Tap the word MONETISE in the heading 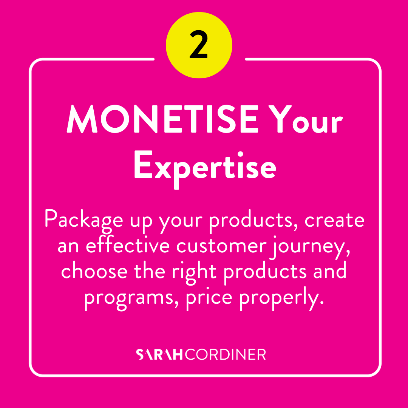point(162,119)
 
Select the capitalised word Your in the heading point(306,119)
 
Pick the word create point(334,221)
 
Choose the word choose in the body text point(94,270)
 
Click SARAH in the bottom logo point(159,354)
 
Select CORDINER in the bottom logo point(225,354)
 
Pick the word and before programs point(330,270)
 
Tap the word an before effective point(68,246)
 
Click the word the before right point(149,270)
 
